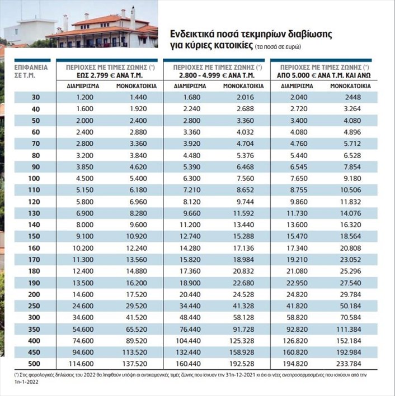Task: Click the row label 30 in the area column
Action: point(36,97)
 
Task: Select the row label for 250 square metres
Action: point(34,306)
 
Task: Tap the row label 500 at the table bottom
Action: point(34,364)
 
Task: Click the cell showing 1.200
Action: point(85,97)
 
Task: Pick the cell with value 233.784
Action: point(349,364)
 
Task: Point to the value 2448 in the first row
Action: point(353,97)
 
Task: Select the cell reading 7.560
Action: point(245,179)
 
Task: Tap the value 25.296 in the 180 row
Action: point(350,271)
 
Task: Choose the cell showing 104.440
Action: point(188,341)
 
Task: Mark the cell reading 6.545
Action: point(299,167)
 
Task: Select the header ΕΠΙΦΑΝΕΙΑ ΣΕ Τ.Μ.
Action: point(31,71)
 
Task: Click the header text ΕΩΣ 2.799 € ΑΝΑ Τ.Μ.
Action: point(110,75)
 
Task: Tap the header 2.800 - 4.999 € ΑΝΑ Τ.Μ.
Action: point(217,75)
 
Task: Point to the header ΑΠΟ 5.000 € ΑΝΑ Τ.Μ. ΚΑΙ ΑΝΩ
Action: point(323,75)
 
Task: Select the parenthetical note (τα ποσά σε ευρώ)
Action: point(278,47)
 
